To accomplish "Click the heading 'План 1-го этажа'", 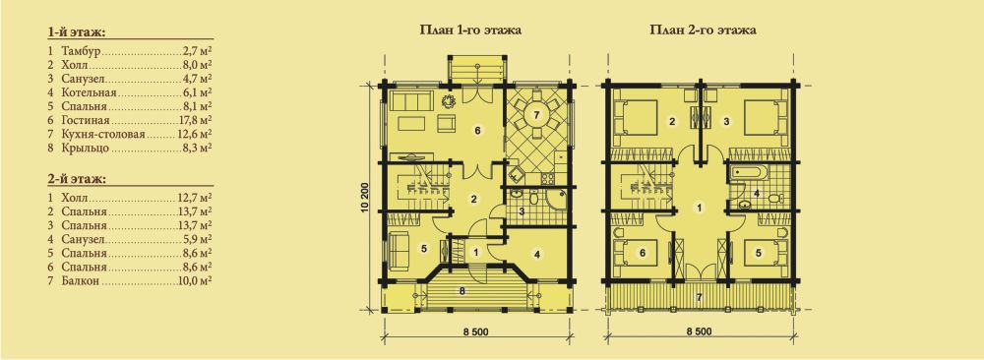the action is tap(470, 30).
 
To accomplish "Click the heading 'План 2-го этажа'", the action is tap(702, 30).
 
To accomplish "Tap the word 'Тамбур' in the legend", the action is tap(82, 49).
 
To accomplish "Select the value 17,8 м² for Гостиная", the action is tap(195, 121).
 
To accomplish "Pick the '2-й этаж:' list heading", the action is tap(76, 179).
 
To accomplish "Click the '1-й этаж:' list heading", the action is tap(76, 32).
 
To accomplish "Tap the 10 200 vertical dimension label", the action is tap(365, 200).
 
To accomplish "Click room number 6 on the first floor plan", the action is tap(477, 131).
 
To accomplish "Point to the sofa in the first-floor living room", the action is tap(409, 100).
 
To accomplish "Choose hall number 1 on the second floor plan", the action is tap(700, 207).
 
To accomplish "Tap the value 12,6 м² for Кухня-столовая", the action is tap(195, 135).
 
